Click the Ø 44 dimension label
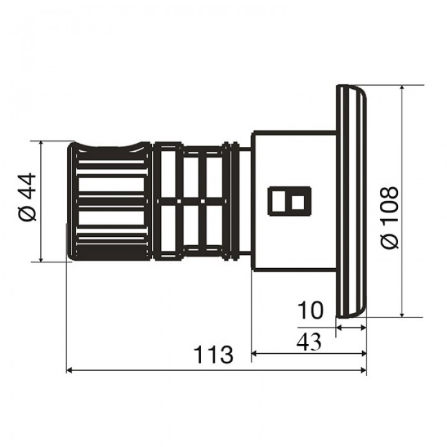tap(28, 197)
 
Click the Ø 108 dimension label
tap(389, 218)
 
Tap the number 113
tap(213, 354)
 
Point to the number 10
tap(310, 310)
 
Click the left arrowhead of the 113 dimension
tap(69, 370)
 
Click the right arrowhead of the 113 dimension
tap(363, 370)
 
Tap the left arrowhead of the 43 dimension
tap(254, 354)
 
